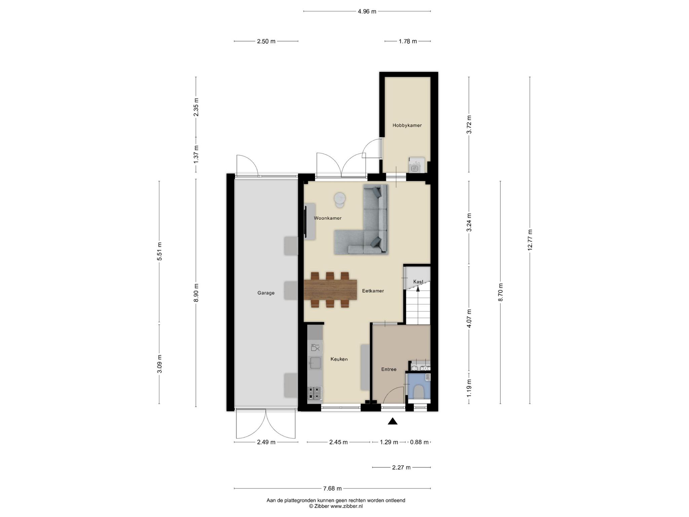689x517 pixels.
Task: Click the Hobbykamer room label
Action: [407, 125]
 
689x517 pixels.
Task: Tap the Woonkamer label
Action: [328, 218]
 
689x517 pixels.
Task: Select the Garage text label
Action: [266, 293]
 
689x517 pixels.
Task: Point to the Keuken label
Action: [339, 359]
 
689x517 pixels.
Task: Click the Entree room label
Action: [389, 369]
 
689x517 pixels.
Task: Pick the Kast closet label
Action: [418, 282]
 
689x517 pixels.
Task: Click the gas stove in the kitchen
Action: [315, 393]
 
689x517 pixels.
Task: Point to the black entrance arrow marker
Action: [393, 421]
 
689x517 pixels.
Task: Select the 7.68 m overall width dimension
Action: [332, 488]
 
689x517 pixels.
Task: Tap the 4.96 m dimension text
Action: [367, 11]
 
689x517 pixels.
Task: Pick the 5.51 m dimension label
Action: [159, 251]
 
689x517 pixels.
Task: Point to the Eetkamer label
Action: [373, 291]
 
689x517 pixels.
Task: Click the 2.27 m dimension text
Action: [401, 468]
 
